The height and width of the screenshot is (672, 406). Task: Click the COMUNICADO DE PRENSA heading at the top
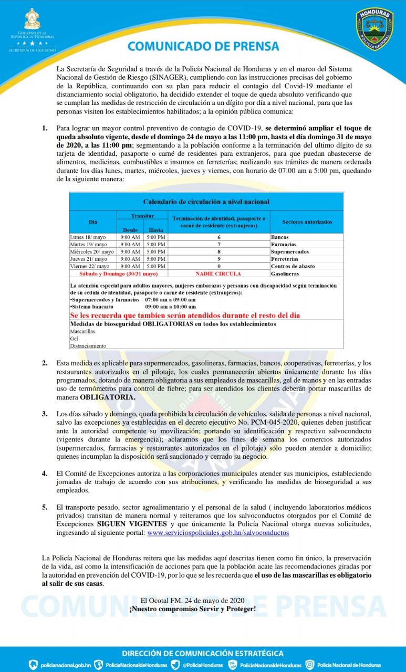pyautogui.click(x=203, y=46)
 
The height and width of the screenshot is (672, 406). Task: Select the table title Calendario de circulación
pyautogui.click(x=206, y=202)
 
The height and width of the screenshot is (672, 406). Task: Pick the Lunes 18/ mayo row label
pyautogui.click(x=88, y=237)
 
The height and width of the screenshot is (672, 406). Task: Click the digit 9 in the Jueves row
pyautogui.click(x=218, y=259)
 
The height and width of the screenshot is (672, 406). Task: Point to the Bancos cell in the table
pyautogui.click(x=279, y=237)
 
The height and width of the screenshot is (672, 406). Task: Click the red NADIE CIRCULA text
pyautogui.click(x=218, y=274)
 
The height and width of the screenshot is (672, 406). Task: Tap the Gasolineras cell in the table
pyautogui.click(x=285, y=274)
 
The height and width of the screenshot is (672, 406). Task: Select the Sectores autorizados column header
pyautogui.click(x=307, y=222)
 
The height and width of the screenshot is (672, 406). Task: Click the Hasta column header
pyautogui.click(x=155, y=230)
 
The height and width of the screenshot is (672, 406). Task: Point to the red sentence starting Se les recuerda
pyautogui.click(x=188, y=315)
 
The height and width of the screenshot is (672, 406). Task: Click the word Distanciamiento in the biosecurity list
pyautogui.click(x=88, y=345)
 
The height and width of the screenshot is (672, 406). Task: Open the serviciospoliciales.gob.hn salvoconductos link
pyautogui.click(x=218, y=532)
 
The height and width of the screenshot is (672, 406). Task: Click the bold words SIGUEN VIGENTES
pyautogui.click(x=132, y=524)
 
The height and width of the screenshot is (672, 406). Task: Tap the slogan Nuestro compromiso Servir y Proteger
pyautogui.click(x=193, y=608)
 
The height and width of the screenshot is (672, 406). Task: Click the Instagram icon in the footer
pyautogui.click(x=310, y=665)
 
